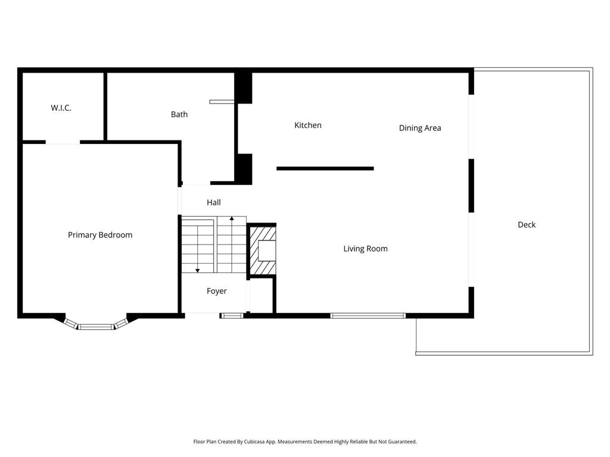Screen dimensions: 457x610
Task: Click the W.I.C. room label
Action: (61, 108)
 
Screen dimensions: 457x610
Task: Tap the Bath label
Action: (179, 114)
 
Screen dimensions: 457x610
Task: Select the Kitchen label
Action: (308, 125)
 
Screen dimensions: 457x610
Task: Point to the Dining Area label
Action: (419, 128)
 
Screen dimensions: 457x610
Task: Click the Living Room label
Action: (365, 249)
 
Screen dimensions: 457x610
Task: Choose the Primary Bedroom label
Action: (100, 235)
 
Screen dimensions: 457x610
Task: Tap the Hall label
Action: (213, 203)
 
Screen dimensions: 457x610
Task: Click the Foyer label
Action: (216, 291)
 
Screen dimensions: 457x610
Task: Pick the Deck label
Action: (526, 224)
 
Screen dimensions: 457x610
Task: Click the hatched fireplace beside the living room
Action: (262, 250)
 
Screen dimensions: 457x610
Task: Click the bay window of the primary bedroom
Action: (97, 325)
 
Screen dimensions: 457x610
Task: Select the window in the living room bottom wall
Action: (368, 315)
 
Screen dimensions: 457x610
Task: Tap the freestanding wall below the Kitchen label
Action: (325, 168)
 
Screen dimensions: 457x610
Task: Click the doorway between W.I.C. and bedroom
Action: (63, 143)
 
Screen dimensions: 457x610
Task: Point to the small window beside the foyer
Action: (232, 315)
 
